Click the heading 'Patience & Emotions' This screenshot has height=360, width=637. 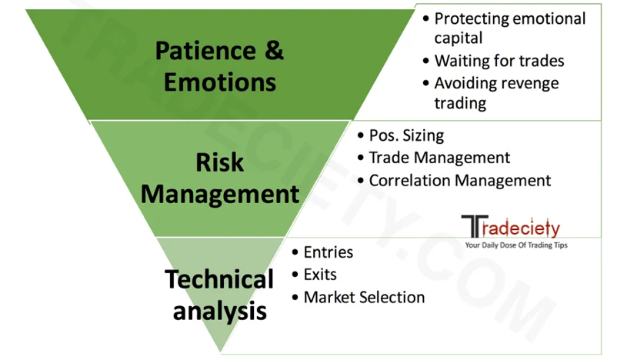[x=219, y=65]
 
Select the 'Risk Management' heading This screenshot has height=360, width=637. [x=219, y=178]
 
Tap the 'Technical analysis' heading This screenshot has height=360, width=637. [x=219, y=295]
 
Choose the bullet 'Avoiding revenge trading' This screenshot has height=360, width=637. [x=496, y=92]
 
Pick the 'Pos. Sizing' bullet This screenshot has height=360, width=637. [x=406, y=135]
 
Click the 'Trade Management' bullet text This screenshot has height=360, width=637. [x=439, y=158]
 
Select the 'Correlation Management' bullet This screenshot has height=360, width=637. [x=460, y=181]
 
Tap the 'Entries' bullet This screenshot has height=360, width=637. [x=328, y=252]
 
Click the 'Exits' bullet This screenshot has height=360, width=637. [x=320, y=275]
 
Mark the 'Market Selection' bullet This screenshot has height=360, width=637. [x=364, y=297]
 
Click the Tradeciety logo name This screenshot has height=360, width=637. [x=511, y=227]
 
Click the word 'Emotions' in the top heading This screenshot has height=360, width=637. [x=219, y=81]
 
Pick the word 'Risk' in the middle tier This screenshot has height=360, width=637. [x=219, y=162]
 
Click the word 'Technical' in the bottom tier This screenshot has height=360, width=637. [x=219, y=279]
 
